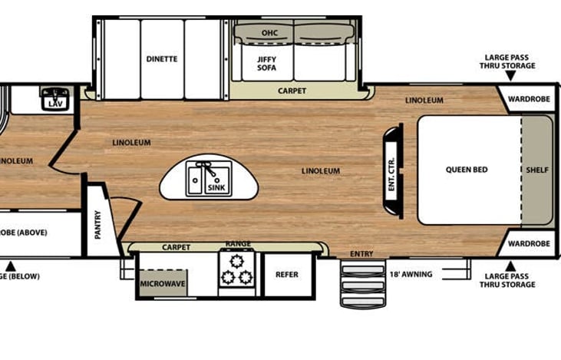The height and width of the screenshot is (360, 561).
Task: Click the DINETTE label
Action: (x=162, y=58)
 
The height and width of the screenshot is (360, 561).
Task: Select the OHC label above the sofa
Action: (x=269, y=33)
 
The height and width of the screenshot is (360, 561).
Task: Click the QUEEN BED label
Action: (x=467, y=170)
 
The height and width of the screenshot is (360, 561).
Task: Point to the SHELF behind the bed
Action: (x=537, y=170)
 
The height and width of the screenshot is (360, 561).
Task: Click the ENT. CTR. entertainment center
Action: (x=392, y=172)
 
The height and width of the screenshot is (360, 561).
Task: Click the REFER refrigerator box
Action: (x=286, y=275)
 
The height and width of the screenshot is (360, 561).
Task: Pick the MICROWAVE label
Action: (x=162, y=283)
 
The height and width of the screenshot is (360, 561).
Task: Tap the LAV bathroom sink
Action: (x=54, y=99)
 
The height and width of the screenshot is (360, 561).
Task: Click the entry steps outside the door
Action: (x=362, y=283)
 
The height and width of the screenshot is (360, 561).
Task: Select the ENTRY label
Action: (x=361, y=254)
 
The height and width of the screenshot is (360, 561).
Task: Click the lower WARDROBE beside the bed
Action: (x=530, y=244)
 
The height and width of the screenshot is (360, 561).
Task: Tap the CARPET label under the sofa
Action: (x=292, y=91)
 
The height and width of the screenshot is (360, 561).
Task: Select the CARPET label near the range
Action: (x=176, y=247)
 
